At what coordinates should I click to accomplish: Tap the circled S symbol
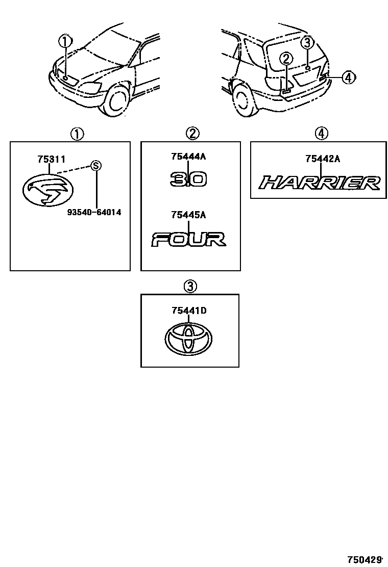point(95,165)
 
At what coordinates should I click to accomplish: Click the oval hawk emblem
point(47,190)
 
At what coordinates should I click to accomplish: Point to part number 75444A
point(188,157)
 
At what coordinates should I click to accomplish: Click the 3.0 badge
point(188,179)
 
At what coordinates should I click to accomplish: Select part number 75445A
point(188,215)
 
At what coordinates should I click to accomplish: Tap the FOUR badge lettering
point(188,239)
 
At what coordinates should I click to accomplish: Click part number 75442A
point(322,159)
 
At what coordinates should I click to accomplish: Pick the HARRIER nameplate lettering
point(320,183)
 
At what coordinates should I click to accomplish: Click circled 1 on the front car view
point(65,41)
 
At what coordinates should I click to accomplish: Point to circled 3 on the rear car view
point(306,42)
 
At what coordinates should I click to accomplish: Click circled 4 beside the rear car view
point(348,78)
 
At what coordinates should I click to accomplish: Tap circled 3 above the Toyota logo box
point(189,287)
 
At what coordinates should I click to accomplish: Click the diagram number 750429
point(365,558)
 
